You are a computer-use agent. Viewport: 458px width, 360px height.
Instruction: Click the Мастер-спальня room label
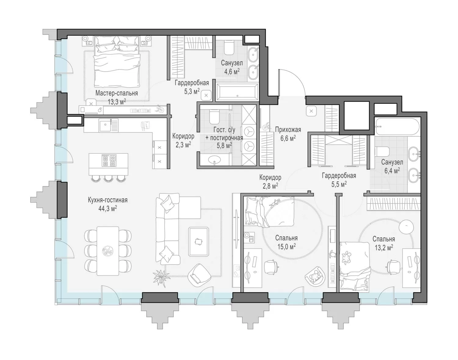(116, 93)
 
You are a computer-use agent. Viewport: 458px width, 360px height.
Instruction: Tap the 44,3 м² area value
(108, 208)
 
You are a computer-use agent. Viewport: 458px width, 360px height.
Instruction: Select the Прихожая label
(288, 129)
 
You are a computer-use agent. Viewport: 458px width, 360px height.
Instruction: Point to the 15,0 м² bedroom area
(286, 247)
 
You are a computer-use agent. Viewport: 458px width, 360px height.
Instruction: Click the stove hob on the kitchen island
(109, 160)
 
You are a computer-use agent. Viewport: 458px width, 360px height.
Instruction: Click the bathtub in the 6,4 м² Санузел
(398, 126)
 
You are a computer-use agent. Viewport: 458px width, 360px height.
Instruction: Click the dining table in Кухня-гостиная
(108, 251)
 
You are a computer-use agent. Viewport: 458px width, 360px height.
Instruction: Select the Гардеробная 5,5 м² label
(339, 180)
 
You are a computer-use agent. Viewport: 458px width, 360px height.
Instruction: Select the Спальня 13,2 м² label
(384, 243)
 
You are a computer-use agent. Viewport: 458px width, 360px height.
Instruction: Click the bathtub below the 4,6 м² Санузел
(237, 92)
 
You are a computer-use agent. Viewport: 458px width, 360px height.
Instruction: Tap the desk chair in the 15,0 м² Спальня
(271, 266)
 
